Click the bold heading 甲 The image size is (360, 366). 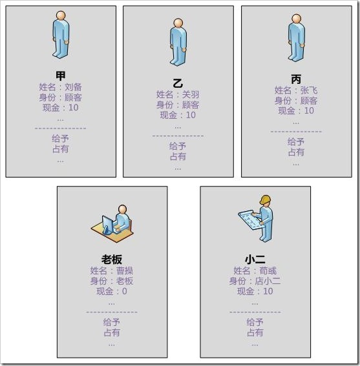[x=61, y=76]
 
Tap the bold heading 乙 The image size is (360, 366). [x=178, y=83]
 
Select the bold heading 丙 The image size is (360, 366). [x=296, y=79]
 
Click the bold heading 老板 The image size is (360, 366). [x=112, y=259]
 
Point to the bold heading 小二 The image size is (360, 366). [x=255, y=259]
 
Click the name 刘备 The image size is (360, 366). [x=73, y=87]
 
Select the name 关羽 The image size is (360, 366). [x=191, y=94]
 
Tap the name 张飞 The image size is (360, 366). [x=309, y=90]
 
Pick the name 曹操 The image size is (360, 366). [x=125, y=270]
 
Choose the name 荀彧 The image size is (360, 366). [x=268, y=270]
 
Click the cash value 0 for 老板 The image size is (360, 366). [x=124, y=291]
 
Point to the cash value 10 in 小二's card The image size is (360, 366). [x=268, y=291]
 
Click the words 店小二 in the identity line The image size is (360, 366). [x=268, y=281]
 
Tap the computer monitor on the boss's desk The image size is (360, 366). [x=107, y=225]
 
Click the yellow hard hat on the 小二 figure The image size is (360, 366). [x=266, y=200]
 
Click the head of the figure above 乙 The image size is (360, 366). [x=178, y=23]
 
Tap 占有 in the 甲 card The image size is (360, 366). [x=60, y=149]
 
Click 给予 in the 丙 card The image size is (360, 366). [x=296, y=142]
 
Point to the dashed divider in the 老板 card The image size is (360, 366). [x=112, y=312]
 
